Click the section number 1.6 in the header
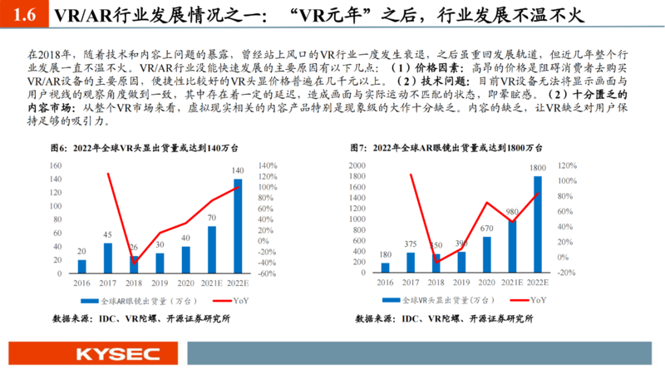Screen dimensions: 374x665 (25, 16)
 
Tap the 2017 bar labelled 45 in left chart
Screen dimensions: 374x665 (107, 258)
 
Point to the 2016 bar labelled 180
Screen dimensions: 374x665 (385, 268)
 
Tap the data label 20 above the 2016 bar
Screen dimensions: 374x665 (81, 250)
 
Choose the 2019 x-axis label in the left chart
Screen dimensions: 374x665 (159, 283)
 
